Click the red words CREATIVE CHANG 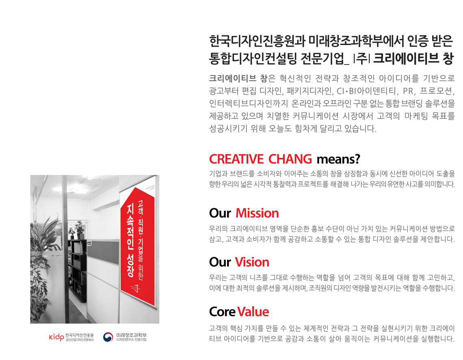click(260, 159)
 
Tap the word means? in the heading click(338, 160)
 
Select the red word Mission click(257, 213)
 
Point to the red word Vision click(252, 262)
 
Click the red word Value click(253, 312)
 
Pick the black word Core click(222, 312)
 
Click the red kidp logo click(56, 337)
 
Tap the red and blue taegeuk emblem click(108, 337)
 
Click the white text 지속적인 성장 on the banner click(130, 240)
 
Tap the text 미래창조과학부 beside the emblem click(132, 335)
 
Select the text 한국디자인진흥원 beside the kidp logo click(80, 335)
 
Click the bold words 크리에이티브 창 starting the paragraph click(238, 78)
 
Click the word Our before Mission click(220, 213)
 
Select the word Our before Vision click(220, 262)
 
